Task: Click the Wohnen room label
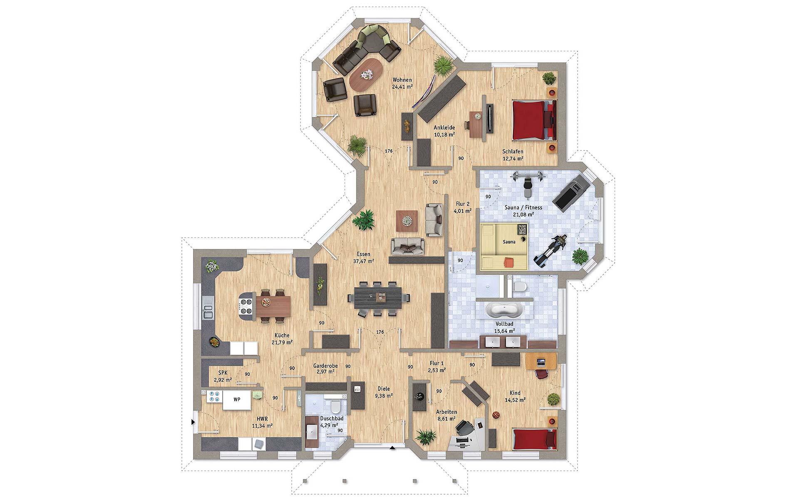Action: click(402, 80)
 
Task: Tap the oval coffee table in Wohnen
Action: click(367, 74)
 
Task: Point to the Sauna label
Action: click(509, 242)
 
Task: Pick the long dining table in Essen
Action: click(378, 298)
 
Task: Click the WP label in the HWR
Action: click(237, 399)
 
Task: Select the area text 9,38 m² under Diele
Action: click(384, 396)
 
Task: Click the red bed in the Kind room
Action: click(535, 439)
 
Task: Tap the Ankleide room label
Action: click(444, 127)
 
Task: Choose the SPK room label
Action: click(223, 373)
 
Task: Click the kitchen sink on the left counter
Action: click(207, 310)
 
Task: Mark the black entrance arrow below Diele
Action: click(392, 448)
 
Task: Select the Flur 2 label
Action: click(462, 204)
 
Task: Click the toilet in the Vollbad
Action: click(519, 286)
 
